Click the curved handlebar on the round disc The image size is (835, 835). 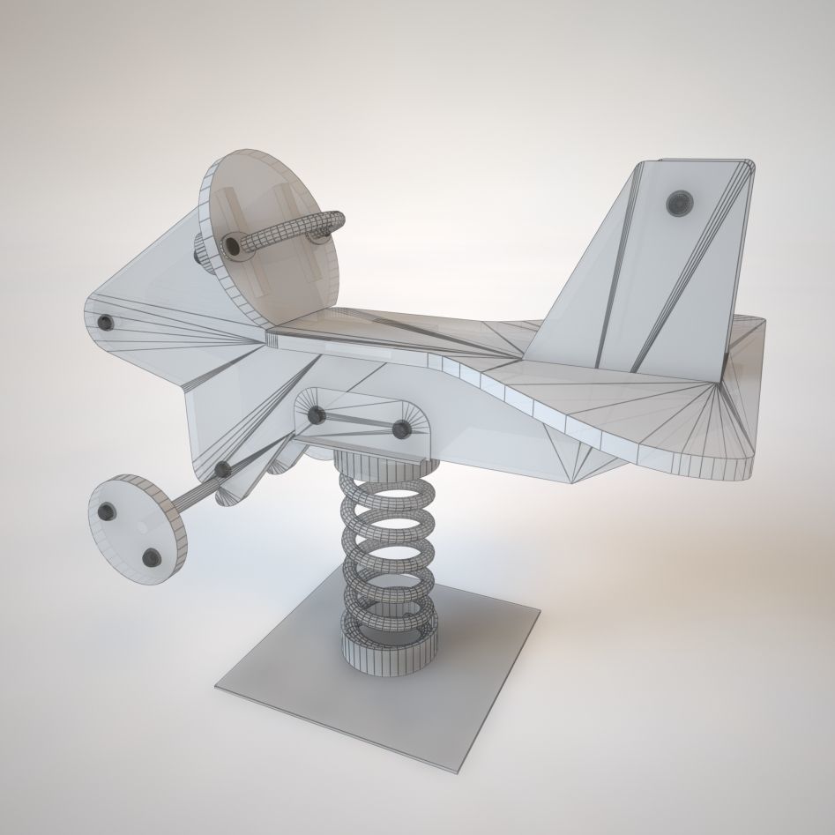pos(291,227)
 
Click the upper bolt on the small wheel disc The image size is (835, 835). pos(109,511)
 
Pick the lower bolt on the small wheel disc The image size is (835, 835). pos(152,556)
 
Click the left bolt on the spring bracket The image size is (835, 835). pos(317,414)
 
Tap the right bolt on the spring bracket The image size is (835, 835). pos(401,430)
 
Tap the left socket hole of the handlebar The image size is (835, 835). pos(234,244)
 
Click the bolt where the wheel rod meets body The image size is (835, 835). pos(222,470)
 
